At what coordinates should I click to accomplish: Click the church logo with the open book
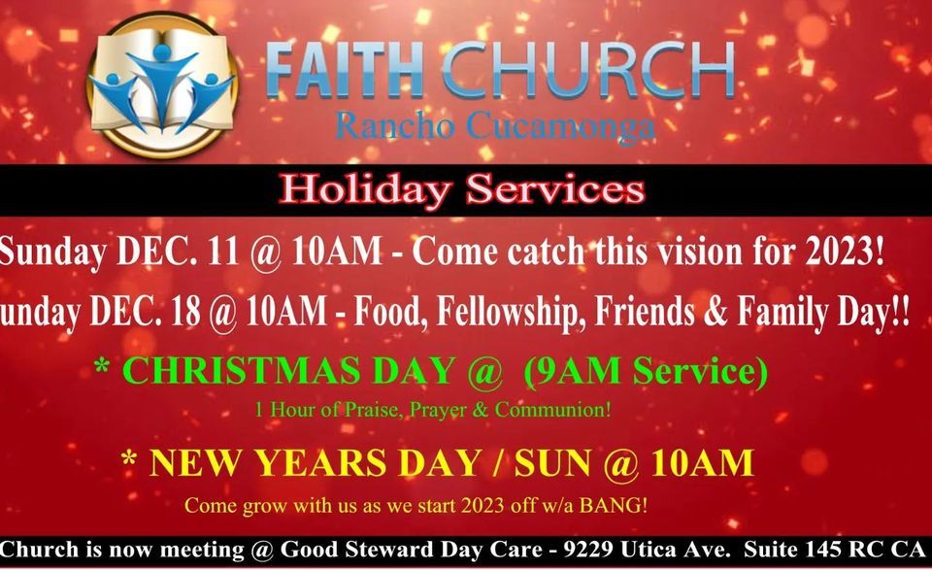[162, 85]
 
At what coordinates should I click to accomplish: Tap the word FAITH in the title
[344, 70]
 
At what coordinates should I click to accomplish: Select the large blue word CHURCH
[588, 70]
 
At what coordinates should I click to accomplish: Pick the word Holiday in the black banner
[364, 190]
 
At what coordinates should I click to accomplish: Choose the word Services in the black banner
[555, 189]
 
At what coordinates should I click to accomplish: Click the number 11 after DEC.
[223, 251]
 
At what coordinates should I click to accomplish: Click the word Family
[779, 312]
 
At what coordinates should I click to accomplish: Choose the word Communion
[552, 410]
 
